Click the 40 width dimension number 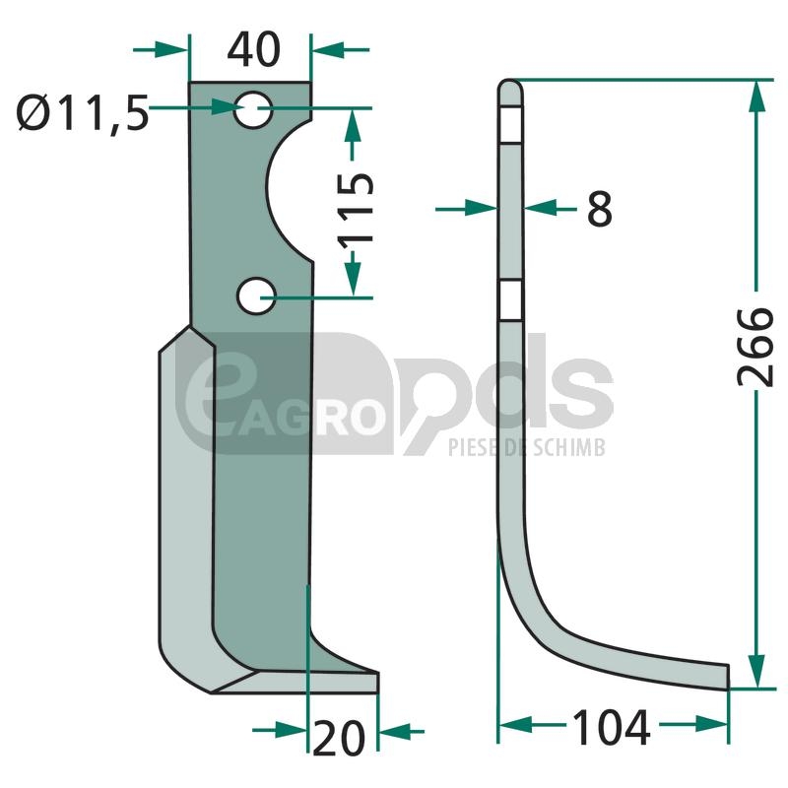point(254,49)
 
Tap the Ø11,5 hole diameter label point(84,112)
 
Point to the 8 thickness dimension point(600,209)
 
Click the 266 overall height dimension point(755,348)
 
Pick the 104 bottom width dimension point(611,727)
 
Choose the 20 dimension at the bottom point(339,737)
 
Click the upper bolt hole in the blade point(253,109)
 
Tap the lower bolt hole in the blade point(256,296)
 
